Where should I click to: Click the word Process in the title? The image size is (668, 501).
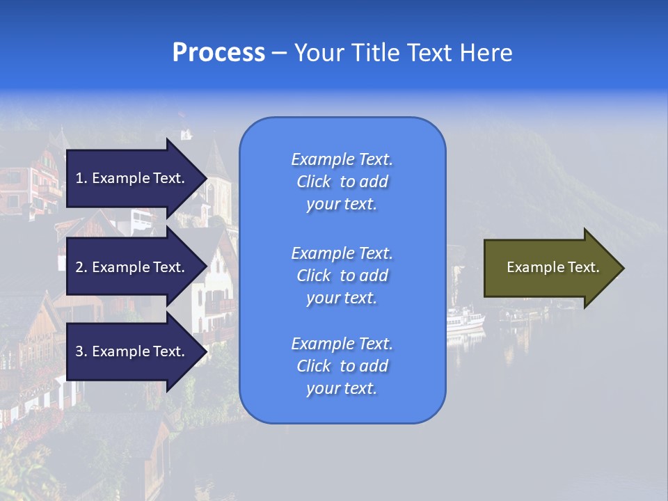click(218, 53)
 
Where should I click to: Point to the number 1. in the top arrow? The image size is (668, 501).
click(81, 178)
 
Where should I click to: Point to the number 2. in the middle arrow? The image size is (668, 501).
click(81, 267)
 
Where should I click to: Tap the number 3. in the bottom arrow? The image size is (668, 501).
click(81, 351)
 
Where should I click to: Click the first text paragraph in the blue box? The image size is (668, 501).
click(342, 182)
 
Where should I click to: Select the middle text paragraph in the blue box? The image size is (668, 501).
click(342, 276)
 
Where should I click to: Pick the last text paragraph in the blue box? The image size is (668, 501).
click(342, 366)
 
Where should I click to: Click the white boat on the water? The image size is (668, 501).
click(465, 321)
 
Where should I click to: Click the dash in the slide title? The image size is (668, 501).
click(279, 53)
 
